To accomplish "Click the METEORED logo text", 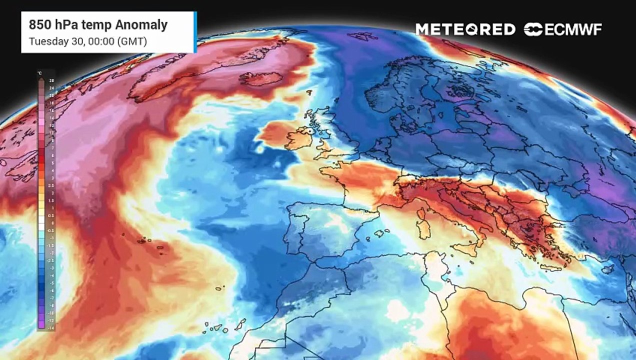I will pyautogui.click(x=465, y=29).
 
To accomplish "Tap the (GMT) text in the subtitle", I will pyautogui.click(x=131, y=41).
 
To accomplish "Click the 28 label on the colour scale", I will pyautogui.click(x=51, y=80).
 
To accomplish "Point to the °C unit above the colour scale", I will pyautogui.click(x=39, y=73).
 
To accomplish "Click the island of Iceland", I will pyautogui.click(x=261, y=79).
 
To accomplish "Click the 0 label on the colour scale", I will pyautogui.click(x=51, y=223).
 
